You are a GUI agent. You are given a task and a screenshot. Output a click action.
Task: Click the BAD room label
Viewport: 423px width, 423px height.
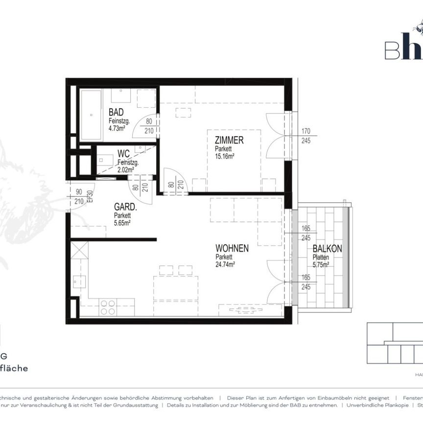coord(116,112)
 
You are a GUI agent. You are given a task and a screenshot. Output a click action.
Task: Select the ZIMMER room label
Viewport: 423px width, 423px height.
coord(229,141)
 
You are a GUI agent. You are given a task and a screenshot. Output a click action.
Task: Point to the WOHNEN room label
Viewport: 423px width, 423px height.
coord(232,249)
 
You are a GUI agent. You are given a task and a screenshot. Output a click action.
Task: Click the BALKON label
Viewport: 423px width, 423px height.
coord(328,249)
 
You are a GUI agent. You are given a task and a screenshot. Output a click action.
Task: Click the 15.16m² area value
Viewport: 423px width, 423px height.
coord(225,156)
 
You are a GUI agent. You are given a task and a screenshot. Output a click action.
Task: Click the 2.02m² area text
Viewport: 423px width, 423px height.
coord(125,169)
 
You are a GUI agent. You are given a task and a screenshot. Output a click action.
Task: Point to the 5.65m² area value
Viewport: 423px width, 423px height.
coord(122,223)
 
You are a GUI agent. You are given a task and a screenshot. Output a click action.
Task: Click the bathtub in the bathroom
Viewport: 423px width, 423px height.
coord(91,114)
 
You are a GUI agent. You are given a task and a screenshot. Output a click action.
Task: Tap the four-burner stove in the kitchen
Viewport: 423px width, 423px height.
coord(108,307)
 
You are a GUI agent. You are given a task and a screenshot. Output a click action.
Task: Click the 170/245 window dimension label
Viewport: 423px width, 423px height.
coord(307,135)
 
